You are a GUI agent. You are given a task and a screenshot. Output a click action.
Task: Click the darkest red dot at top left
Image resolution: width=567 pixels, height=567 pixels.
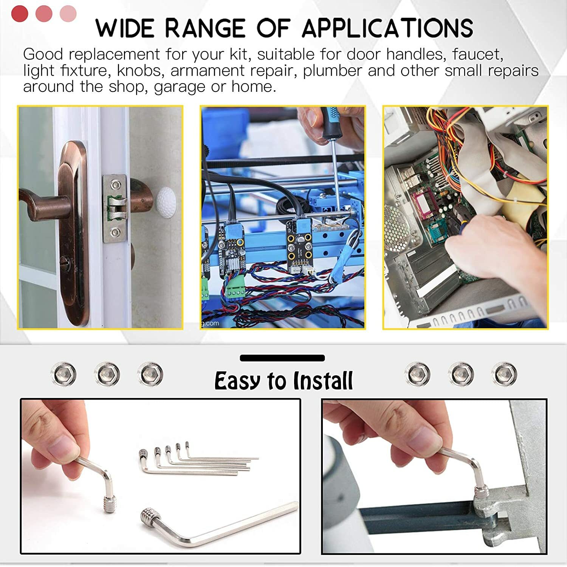pos(20,14)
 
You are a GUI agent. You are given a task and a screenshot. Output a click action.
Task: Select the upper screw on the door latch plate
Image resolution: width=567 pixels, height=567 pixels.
pos(116,185)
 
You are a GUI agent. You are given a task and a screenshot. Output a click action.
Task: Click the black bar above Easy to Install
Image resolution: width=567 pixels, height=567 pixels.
pos(282,358)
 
